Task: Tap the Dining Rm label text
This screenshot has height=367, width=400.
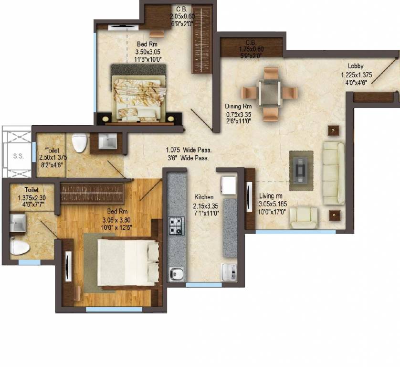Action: pos(238,107)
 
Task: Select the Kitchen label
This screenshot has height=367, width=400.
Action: pos(204,197)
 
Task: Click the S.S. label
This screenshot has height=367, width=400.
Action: pos(18,156)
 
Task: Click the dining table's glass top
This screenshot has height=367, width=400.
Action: pos(269,92)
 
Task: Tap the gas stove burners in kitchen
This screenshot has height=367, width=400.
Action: pos(176,225)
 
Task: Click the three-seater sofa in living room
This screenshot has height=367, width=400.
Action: pos(334,172)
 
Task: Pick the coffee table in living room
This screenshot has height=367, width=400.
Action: pos(301,167)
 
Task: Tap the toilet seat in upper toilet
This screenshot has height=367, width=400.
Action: pos(79,142)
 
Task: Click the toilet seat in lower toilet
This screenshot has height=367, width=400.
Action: pos(20,247)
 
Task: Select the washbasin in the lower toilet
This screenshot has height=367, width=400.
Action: pos(19,222)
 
